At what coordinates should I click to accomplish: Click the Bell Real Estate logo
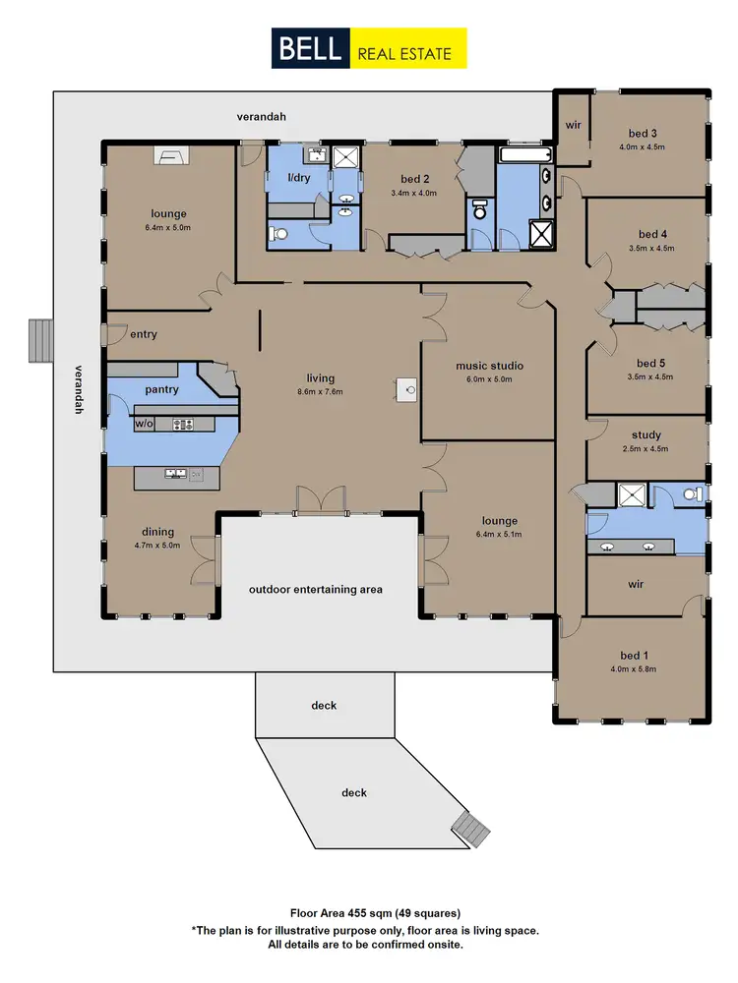point(369,48)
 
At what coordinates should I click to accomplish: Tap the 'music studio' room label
point(489,366)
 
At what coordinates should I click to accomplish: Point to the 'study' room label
point(646,434)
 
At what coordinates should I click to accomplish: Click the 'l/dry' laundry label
point(298,178)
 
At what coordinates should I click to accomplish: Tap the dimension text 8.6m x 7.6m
point(320,392)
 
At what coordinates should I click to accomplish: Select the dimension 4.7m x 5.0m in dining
point(157,545)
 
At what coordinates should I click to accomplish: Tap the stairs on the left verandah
point(39,340)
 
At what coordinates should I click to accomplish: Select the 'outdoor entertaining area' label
point(315,590)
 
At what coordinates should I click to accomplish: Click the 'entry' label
point(144,334)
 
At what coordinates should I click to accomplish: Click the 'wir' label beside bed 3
point(573,126)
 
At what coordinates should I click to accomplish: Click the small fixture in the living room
point(409,390)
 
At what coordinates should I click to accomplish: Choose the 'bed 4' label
point(652,234)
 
